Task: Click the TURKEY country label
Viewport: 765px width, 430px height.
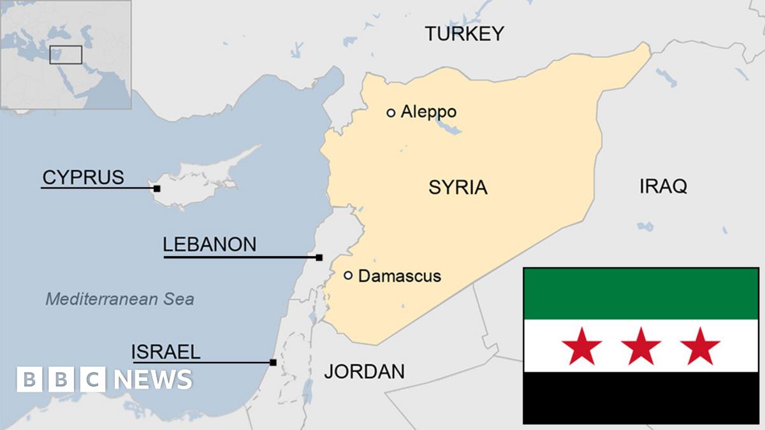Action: click(x=465, y=34)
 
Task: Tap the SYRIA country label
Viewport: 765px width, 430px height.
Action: click(x=458, y=187)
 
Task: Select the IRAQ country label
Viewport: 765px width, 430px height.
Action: click(x=663, y=186)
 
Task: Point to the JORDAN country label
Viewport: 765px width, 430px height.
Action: click(x=364, y=371)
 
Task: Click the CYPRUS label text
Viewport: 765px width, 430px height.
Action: click(x=83, y=177)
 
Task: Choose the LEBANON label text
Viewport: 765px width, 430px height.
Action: click(x=209, y=244)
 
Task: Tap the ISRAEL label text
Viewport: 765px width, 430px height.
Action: click(x=166, y=352)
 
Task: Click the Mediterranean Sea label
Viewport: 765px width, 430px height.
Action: click(x=120, y=299)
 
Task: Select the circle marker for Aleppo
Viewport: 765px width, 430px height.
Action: click(x=391, y=113)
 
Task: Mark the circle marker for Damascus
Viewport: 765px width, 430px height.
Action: click(x=348, y=275)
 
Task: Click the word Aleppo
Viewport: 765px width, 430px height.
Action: click(x=428, y=112)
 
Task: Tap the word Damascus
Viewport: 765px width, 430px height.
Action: click(x=400, y=276)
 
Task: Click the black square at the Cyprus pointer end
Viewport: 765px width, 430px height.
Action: click(x=157, y=189)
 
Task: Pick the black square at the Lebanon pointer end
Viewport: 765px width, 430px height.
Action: click(x=319, y=257)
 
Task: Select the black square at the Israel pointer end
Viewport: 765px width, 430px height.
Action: click(x=273, y=362)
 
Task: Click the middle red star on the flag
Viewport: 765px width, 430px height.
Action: click(x=641, y=346)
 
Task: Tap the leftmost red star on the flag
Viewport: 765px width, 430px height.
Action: click(x=581, y=346)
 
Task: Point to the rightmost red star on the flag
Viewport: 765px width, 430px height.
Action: click(x=700, y=346)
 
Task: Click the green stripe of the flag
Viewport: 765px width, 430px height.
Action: click(x=641, y=294)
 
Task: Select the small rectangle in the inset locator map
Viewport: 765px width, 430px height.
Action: click(x=66, y=55)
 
